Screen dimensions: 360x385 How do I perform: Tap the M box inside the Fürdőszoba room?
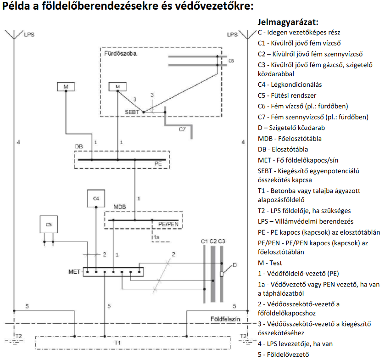(118, 86)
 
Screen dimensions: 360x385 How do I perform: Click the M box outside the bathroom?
(66, 86)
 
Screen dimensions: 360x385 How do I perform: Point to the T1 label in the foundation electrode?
(117, 343)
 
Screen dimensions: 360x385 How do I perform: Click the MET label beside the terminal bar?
(68, 272)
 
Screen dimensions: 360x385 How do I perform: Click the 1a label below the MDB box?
(157, 237)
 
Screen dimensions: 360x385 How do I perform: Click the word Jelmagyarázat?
(288, 22)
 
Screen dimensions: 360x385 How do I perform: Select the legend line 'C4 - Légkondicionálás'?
(290, 84)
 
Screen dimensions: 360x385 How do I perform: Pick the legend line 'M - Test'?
(270, 263)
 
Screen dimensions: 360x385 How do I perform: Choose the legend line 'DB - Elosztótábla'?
(283, 150)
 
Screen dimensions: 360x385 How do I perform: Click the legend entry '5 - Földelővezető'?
(284, 354)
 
